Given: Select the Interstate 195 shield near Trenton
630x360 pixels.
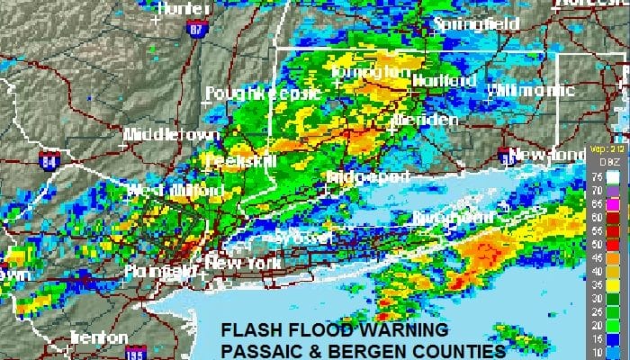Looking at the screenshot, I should coord(135,350).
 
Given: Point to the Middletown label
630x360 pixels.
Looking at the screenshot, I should coord(172,135).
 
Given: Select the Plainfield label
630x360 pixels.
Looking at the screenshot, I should coord(163,270).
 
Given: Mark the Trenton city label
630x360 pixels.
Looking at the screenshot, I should coord(99,337).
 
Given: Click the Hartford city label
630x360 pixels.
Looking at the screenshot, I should coord(444,81).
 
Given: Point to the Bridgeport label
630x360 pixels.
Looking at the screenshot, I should coord(368,176).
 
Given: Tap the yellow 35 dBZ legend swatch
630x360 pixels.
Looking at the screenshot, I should coord(613,286).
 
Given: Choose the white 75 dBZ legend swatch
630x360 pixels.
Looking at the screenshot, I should coord(613,178).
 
